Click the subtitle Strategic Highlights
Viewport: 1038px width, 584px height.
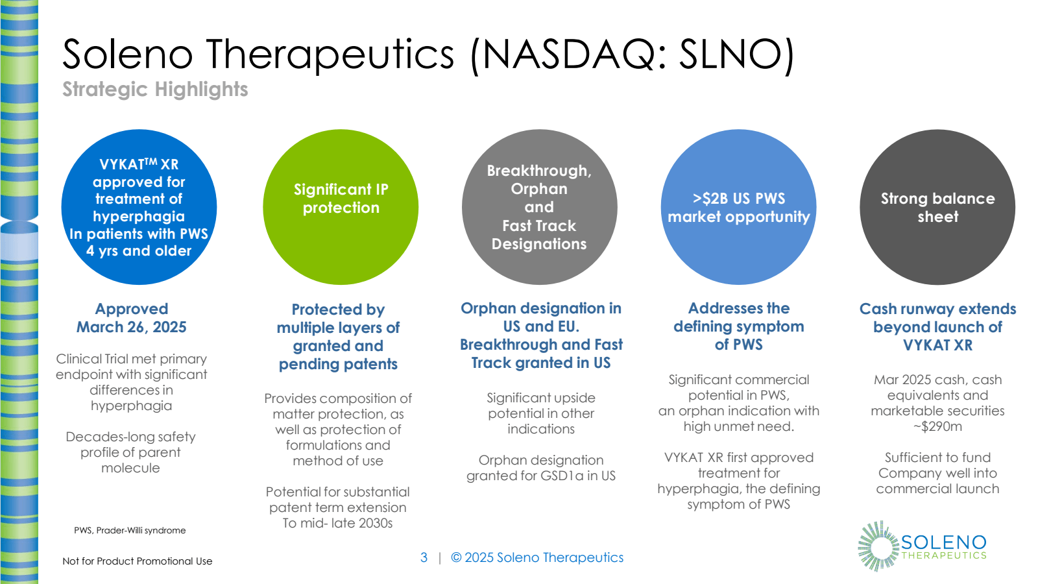pyautogui.click(x=155, y=89)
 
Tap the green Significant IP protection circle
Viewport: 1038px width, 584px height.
pyautogui.click(x=341, y=207)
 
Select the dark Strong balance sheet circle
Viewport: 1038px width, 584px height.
pyautogui.click(x=937, y=207)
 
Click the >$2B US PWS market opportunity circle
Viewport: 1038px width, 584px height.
pyautogui.click(x=738, y=207)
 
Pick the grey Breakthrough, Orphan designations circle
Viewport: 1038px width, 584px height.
pyautogui.click(x=539, y=207)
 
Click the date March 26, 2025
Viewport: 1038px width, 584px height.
pyautogui.click(x=132, y=327)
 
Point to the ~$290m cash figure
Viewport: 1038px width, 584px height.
pyautogui.click(x=937, y=426)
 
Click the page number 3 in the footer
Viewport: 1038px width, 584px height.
pyautogui.click(x=424, y=557)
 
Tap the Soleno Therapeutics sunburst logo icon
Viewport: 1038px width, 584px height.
pyautogui.click(x=877, y=546)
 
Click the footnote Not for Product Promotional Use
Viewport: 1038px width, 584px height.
pyautogui.click(x=138, y=561)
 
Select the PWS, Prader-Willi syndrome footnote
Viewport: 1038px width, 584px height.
pyautogui.click(x=130, y=530)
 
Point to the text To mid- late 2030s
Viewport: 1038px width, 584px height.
pyautogui.click(x=337, y=523)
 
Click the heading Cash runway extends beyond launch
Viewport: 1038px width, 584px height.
pyautogui.click(x=937, y=326)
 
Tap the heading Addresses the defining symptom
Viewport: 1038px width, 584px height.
pyautogui.click(x=738, y=326)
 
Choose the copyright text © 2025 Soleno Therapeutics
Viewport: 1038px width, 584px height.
pyautogui.click(x=537, y=557)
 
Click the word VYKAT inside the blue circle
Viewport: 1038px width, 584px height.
pyautogui.click(x=121, y=165)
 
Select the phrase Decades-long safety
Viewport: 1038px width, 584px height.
pyautogui.click(x=130, y=437)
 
